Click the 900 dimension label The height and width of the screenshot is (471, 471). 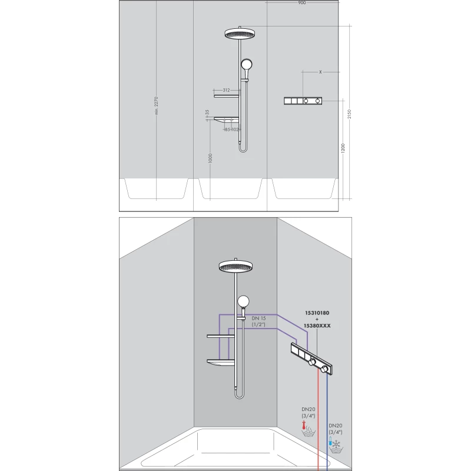(301, 3)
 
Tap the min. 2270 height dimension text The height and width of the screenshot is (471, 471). (156, 105)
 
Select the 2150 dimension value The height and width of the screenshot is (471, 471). (349, 114)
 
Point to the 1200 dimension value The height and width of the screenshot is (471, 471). (343, 148)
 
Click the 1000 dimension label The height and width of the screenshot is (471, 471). (210, 158)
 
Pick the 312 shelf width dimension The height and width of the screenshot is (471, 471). (227, 90)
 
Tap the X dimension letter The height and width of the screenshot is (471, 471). (320, 72)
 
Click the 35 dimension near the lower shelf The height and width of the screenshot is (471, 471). (207, 112)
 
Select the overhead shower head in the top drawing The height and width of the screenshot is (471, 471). (240, 33)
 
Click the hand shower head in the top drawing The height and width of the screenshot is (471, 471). (246, 64)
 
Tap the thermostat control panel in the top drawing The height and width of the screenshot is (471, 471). (303, 101)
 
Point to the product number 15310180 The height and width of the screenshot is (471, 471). (317, 313)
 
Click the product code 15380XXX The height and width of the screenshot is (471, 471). (317, 326)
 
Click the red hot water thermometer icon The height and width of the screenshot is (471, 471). (304, 425)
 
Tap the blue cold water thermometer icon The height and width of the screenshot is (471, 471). (330, 441)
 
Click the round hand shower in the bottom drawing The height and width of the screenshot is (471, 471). (243, 301)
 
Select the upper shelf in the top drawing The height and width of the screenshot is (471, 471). (227, 96)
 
